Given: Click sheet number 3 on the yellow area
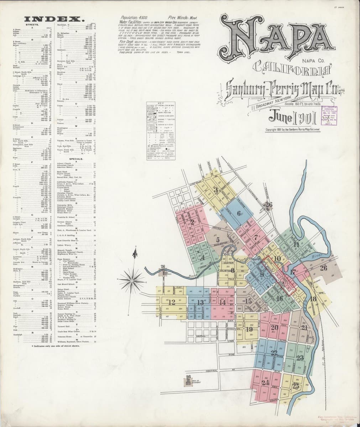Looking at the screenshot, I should (x=216, y=190).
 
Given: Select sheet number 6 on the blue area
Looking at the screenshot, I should (x=239, y=213).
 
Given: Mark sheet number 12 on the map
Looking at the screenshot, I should (x=172, y=303).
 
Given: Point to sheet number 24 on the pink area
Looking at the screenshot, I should (x=265, y=383).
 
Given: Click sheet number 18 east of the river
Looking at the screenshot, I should (x=314, y=299).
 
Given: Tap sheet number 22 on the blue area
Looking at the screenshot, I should (x=273, y=353).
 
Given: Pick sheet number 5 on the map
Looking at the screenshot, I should (x=218, y=240).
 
